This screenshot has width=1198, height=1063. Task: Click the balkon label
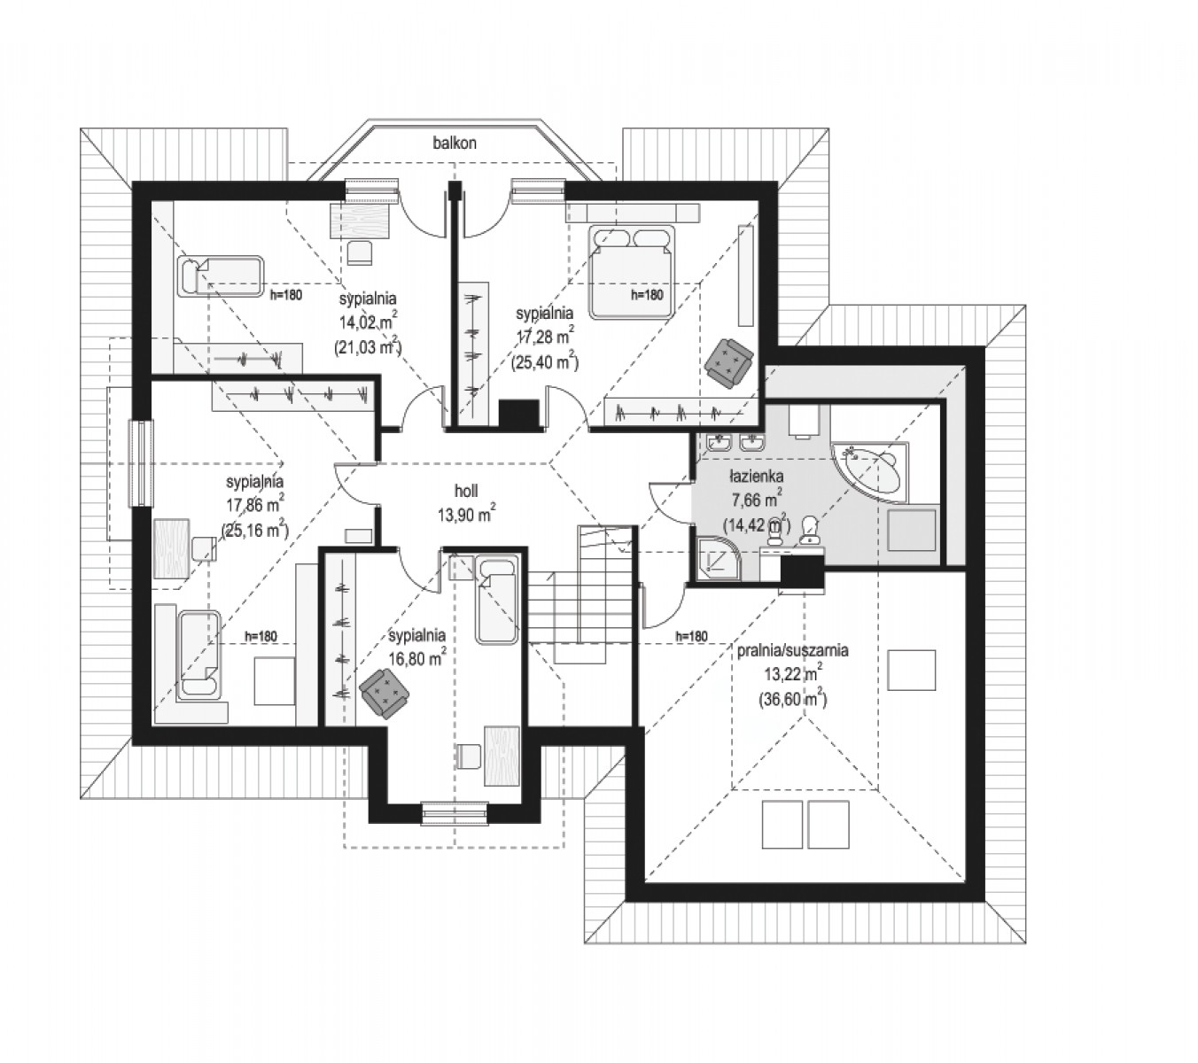(454, 144)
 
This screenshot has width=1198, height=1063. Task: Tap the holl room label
(466, 491)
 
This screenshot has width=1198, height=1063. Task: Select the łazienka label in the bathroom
(756, 477)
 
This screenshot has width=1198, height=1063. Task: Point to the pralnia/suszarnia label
(792, 651)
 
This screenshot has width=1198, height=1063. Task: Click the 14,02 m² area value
(368, 322)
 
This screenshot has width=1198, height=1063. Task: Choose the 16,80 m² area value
(416, 658)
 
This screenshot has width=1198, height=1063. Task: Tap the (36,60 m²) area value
(792, 700)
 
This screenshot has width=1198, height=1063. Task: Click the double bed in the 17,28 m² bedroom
(632, 273)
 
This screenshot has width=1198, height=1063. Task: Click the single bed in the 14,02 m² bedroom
(220, 276)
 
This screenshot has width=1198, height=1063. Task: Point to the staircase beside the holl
(580, 597)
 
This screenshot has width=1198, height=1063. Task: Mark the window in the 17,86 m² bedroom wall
(141, 463)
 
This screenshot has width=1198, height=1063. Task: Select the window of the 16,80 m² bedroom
(455, 812)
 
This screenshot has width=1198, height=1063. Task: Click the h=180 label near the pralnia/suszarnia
(691, 637)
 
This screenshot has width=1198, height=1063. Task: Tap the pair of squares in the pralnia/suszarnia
(805, 825)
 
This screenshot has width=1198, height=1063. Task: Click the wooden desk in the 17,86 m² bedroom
(172, 548)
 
